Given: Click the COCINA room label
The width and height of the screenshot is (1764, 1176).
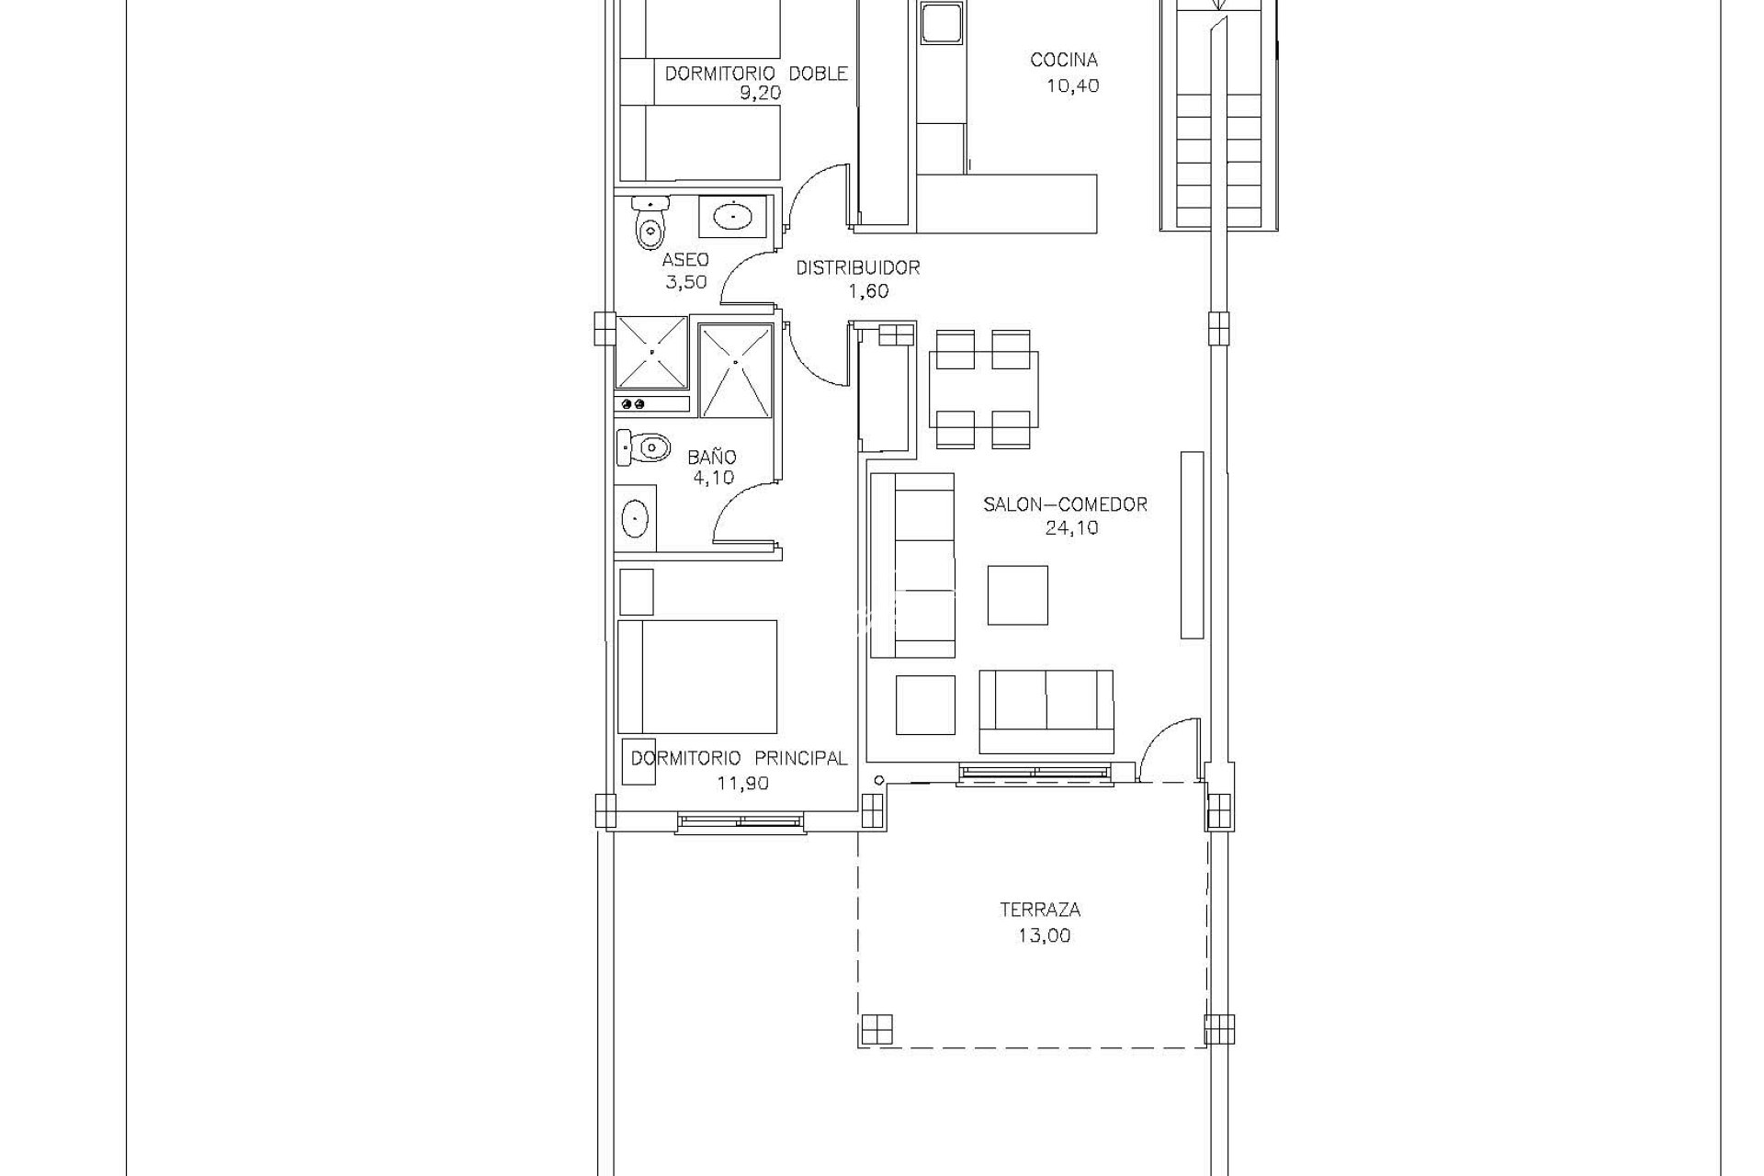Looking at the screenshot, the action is pyautogui.click(x=1064, y=61).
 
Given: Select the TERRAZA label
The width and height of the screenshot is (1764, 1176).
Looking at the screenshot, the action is pyautogui.click(x=1040, y=910).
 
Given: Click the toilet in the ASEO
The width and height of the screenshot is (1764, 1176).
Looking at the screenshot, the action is pyautogui.click(x=650, y=223).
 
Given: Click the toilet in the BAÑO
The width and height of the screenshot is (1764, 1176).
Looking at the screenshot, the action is pyautogui.click(x=642, y=448).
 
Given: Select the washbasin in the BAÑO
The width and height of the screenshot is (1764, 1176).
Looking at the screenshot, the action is pyautogui.click(x=635, y=518).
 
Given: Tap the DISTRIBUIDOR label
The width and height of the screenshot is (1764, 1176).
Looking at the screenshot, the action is pyautogui.click(x=858, y=268).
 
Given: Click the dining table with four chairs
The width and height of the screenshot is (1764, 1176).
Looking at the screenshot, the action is pyautogui.click(x=984, y=389).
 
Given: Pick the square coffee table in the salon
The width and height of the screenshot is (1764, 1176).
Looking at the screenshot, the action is pyautogui.click(x=1017, y=595).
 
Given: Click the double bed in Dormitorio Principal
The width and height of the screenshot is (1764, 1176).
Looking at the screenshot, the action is pyautogui.click(x=697, y=677).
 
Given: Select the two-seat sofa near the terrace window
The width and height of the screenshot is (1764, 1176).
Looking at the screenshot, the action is pyautogui.click(x=1046, y=711).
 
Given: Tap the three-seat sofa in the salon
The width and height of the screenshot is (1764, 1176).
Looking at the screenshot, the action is pyautogui.click(x=912, y=565).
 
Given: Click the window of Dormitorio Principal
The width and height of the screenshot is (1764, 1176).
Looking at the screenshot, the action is pyautogui.click(x=741, y=821).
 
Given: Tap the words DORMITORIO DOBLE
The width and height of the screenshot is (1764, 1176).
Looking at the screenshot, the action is pyautogui.click(x=756, y=73).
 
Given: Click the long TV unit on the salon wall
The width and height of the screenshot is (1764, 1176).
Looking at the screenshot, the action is pyautogui.click(x=1192, y=545).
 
